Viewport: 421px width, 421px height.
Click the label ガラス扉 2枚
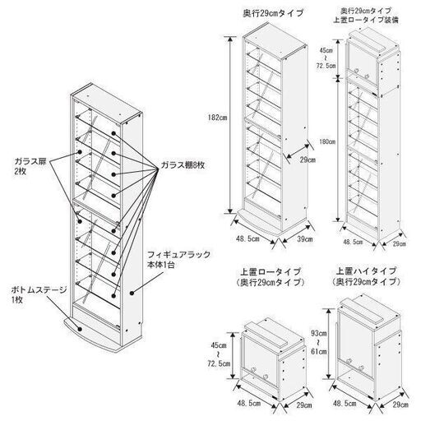point(31,165)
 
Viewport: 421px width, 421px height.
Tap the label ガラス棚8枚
point(183,164)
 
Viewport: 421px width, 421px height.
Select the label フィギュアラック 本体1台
point(178,259)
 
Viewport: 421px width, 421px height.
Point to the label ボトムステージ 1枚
point(39,294)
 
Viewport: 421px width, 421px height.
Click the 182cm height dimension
point(217,118)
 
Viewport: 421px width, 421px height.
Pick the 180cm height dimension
point(327,141)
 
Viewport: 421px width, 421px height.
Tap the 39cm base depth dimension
point(305,239)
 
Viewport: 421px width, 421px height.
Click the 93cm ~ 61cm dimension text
point(318,342)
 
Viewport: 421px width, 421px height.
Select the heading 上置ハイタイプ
point(366,271)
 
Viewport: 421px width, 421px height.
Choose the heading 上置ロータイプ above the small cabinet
point(271,271)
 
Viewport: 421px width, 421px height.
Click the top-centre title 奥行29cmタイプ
point(273,13)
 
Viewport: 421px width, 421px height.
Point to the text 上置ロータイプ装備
point(366,20)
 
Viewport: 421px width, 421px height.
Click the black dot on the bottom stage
point(80,329)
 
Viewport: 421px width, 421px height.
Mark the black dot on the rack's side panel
point(132,293)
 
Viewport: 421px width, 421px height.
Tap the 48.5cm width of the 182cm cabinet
point(248,238)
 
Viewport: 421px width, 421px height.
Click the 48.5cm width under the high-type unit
point(345,404)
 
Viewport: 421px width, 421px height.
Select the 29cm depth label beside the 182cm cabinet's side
point(308,160)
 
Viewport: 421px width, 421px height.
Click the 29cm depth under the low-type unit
point(304,405)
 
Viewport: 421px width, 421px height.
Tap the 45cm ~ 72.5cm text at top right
point(326,58)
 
